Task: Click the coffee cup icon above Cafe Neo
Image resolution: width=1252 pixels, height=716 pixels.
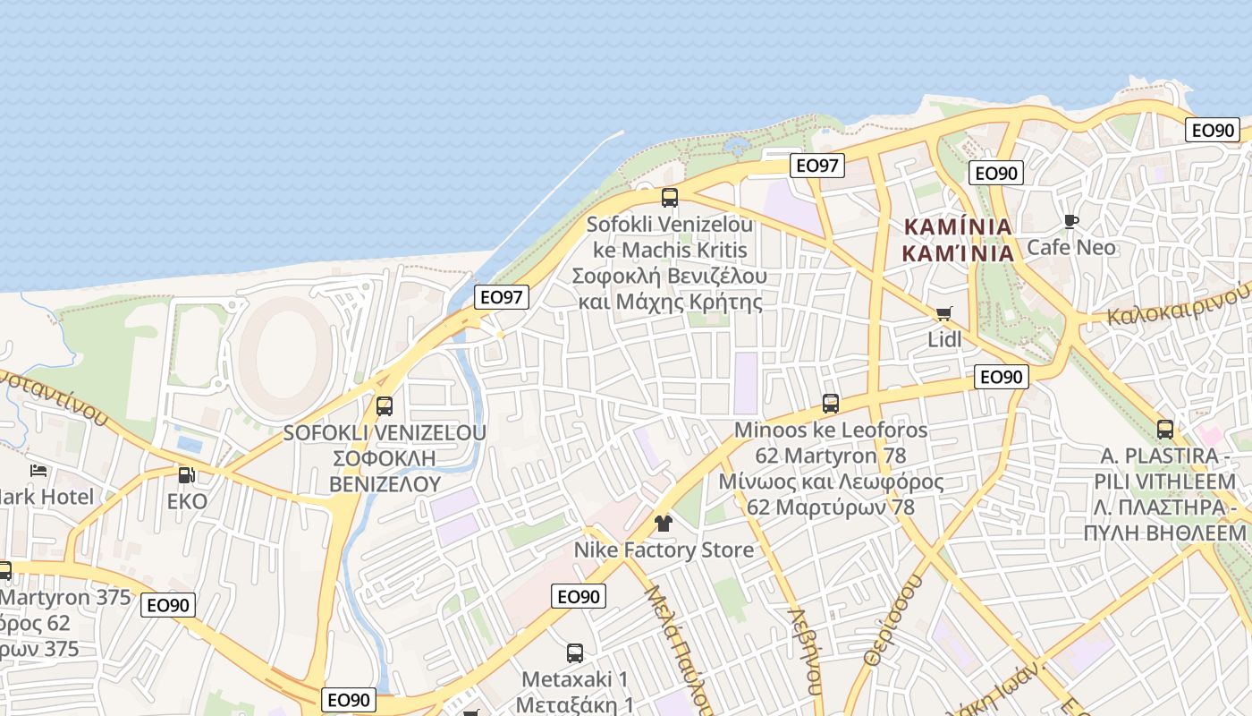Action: point(1070,221)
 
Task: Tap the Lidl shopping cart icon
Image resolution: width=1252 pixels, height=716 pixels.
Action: point(943,313)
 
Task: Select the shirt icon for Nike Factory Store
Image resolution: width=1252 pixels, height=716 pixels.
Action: point(663,523)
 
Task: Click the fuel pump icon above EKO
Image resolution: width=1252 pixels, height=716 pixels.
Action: point(186,474)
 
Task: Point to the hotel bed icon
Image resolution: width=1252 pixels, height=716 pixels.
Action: point(38,470)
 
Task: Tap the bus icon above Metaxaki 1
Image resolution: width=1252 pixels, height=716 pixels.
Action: point(575,653)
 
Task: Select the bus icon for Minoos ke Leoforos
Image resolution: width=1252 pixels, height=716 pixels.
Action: point(831,404)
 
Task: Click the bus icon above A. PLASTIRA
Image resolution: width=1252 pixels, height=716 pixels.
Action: point(1164,429)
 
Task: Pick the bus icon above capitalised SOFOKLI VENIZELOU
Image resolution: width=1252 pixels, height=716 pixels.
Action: point(385,405)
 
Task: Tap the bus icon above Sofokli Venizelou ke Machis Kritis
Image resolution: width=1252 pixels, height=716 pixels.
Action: point(669,198)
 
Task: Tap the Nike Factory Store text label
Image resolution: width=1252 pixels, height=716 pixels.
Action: point(664,550)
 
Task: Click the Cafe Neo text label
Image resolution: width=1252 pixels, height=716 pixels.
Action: point(1070,247)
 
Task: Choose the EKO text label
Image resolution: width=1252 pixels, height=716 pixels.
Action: point(187,501)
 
